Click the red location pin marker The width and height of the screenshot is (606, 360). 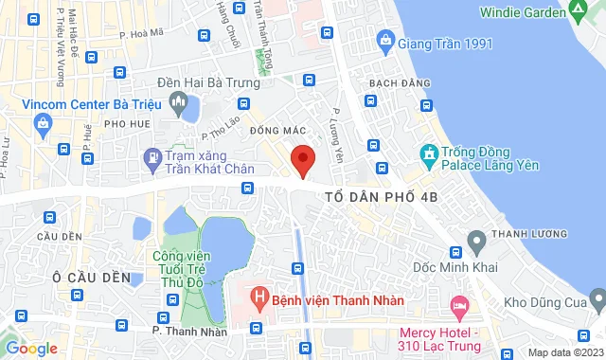click(303, 158)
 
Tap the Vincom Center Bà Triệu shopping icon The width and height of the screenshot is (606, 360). click(43, 122)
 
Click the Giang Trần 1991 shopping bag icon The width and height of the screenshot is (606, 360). click(385, 40)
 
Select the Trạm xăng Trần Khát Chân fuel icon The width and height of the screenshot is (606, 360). click(151, 157)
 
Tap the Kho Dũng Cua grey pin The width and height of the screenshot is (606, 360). click(597, 300)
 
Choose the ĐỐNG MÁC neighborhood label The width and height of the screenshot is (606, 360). click(276, 130)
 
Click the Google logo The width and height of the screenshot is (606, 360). click(31, 349)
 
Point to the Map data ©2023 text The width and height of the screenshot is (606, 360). click(564, 352)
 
